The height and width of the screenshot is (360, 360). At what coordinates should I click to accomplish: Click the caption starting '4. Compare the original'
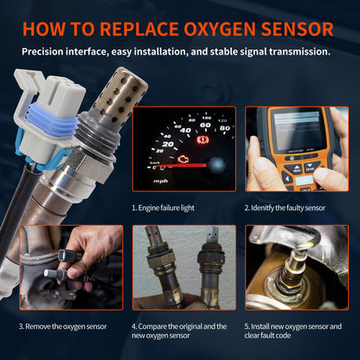[179, 331]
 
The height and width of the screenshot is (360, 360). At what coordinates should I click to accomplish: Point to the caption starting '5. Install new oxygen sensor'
[294, 331]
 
